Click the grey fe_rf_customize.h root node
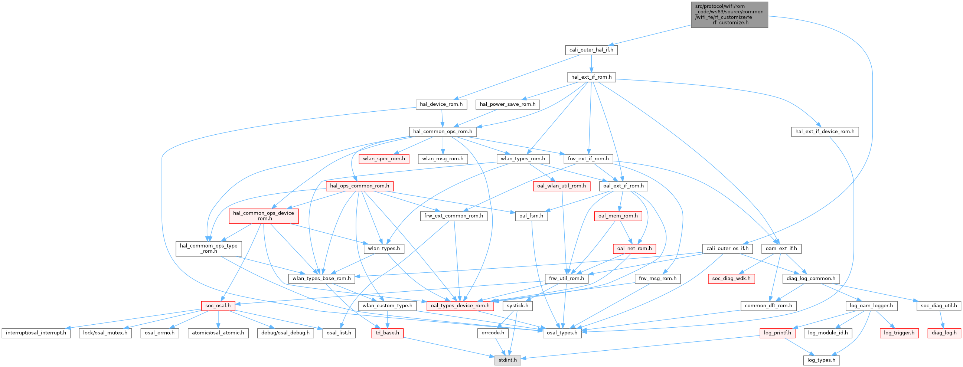pos(729,14)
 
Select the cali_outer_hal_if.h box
pos(591,50)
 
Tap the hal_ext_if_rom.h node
pos(591,77)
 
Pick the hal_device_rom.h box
pos(441,104)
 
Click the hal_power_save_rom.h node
pos(507,104)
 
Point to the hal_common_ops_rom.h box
pos(443,132)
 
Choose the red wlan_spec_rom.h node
pos(383,159)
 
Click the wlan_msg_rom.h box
pos(443,159)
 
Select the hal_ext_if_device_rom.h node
pos(825,132)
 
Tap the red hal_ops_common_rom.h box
pos(359,186)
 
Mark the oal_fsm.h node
pos(531,216)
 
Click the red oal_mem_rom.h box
pos(618,216)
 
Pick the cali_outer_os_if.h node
pos(727,249)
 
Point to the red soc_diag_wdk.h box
pos(731,279)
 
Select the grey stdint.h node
pos(507,360)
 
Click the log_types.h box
pos(821,360)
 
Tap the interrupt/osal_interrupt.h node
pos(36,333)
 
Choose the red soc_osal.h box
pos(218,306)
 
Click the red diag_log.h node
pos(944,333)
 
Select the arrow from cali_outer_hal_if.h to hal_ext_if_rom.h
pos(591,63)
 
